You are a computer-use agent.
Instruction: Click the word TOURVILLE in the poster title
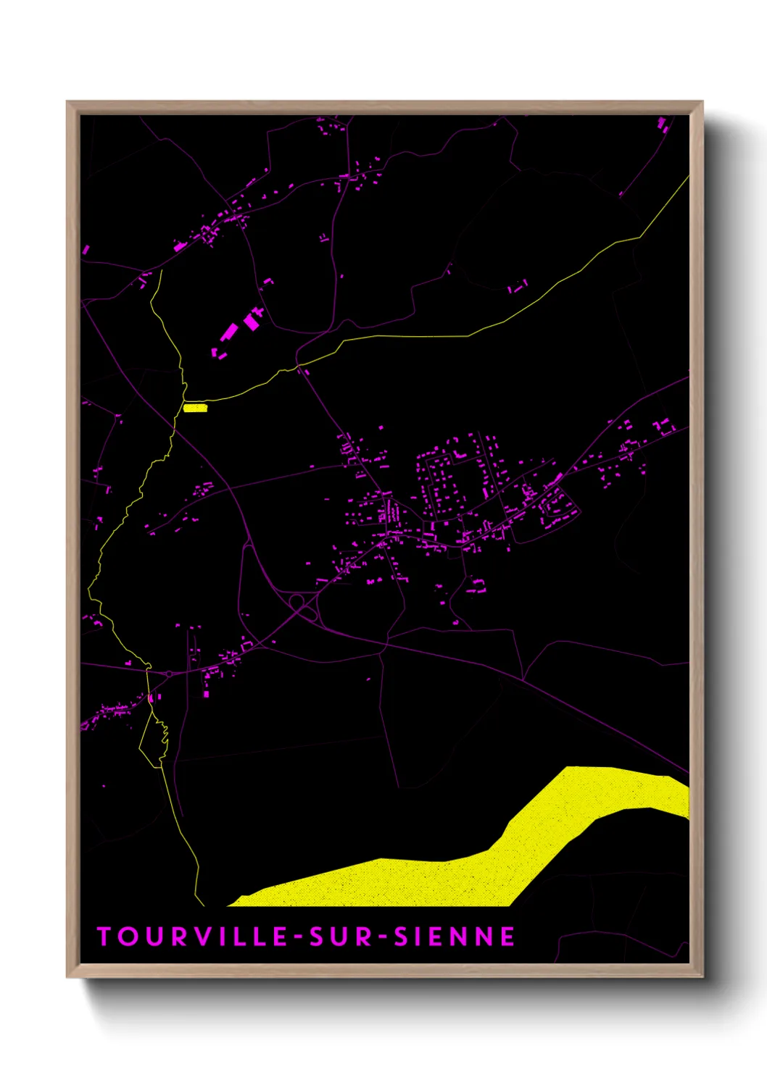(193, 937)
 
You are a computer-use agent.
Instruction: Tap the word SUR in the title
(341, 937)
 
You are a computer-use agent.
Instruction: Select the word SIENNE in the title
(455, 937)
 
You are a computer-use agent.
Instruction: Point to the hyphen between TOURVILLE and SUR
(298, 937)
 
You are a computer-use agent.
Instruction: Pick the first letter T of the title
(104, 937)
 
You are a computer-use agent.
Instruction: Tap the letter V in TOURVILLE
(200, 937)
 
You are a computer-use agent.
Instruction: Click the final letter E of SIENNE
(508, 937)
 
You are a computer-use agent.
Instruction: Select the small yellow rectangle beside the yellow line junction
(196, 408)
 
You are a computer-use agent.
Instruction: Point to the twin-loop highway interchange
(303, 607)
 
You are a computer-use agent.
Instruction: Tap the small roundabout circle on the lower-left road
(170, 674)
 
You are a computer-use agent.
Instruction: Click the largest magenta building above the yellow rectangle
(231, 331)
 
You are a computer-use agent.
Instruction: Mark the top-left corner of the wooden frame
(68, 103)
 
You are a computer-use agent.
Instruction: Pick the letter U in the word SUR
(341, 937)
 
